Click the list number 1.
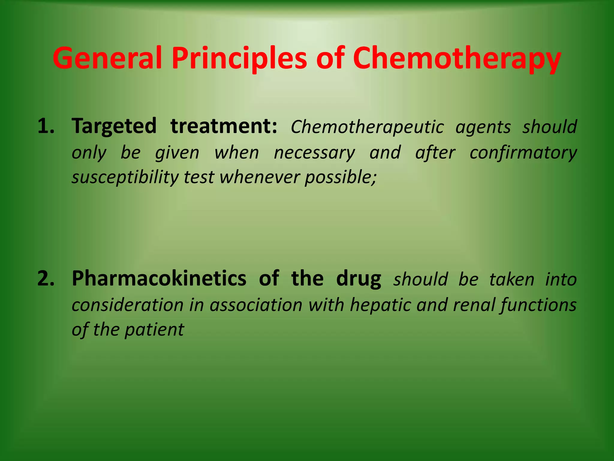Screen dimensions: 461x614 pyautogui.click(x=46, y=126)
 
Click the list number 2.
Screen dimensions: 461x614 pyautogui.click(x=46, y=279)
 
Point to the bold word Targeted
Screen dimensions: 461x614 pyautogui.click(x=114, y=126)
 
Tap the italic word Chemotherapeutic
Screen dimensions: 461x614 pyautogui.click(x=367, y=127)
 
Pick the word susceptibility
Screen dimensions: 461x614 pyautogui.click(x=125, y=177)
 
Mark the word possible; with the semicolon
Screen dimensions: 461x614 pyautogui.click(x=340, y=177)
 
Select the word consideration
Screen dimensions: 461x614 pyautogui.click(x=127, y=305)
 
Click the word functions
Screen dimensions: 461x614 pyautogui.click(x=538, y=305)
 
